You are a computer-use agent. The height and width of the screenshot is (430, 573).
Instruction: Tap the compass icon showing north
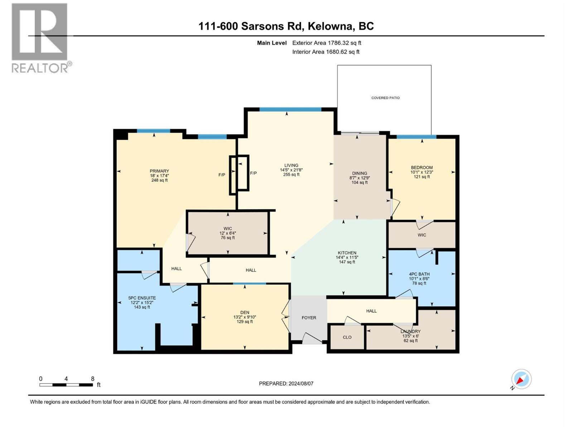(x=521, y=379)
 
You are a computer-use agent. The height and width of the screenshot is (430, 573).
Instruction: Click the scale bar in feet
(x=67, y=384)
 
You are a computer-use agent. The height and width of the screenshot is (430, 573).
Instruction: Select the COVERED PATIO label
(x=385, y=98)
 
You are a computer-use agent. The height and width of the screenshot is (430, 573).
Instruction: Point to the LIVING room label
(x=291, y=166)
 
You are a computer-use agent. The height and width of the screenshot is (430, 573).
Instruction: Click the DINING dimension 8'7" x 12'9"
(x=359, y=178)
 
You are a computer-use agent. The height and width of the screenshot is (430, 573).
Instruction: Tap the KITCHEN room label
(x=347, y=253)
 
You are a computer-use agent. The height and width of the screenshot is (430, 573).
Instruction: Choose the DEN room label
(x=245, y=312)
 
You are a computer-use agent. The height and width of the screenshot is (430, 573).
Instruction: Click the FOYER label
(x=309, y=318)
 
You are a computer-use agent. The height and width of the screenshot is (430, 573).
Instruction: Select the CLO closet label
(x=347, y=337)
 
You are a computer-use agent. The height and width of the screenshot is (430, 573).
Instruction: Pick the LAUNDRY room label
(x=410, y=331)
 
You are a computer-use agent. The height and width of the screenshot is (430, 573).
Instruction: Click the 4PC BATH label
(x=419, y=274)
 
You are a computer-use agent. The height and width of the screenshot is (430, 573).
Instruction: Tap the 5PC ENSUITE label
(x=142, y=298)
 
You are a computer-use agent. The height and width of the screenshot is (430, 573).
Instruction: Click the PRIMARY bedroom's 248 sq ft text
(x=159, y=180)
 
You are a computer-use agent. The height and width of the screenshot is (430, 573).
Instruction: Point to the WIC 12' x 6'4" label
(x=228, y=233)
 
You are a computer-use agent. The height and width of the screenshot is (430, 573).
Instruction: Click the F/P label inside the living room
(x=253, y=173)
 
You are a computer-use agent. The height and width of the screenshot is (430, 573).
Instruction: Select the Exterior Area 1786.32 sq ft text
(x=327, y=43)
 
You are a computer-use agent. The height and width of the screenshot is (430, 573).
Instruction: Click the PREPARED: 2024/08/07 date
(x=286, y=383)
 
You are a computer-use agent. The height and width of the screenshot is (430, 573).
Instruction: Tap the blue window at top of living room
(x=290, y=109)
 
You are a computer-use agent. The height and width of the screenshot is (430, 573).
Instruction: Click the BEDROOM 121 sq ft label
(x=422, y=177)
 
